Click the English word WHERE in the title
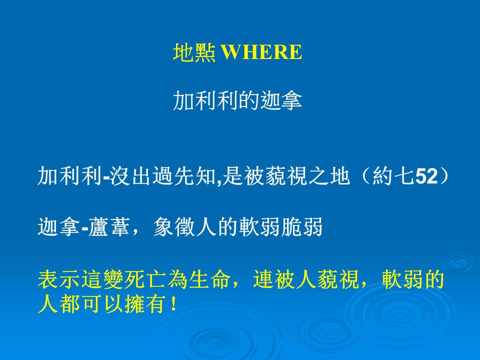pos(261,52)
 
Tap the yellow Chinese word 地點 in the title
pos(194,52)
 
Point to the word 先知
pos(194,176)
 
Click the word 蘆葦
pos(108,227)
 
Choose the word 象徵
pos(174,227)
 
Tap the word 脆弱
pos(302,227)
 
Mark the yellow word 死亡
pos(145,279)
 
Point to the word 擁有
pos(145,304)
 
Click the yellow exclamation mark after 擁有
pos(174,304)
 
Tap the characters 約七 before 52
pos(393,176)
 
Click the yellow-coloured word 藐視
pos(338,279)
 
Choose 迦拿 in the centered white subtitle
pos(281,100)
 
